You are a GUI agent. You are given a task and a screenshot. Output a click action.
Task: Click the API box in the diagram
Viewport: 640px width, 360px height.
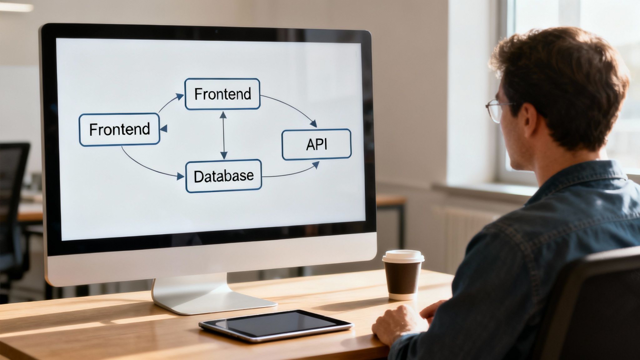click(316, 144)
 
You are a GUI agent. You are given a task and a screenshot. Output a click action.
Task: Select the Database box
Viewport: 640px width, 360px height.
click(223, 176)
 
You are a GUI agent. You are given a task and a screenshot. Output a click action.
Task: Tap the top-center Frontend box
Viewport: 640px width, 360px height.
click(222, 94)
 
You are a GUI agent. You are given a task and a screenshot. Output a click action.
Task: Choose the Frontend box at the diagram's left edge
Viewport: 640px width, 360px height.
click(119, 129)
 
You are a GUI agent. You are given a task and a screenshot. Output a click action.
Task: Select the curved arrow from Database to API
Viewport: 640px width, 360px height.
click(291, 174)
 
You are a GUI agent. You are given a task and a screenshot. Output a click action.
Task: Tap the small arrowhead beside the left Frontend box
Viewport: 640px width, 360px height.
click(164, 128)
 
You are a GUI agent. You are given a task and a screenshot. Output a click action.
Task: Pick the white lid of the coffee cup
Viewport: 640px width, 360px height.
click(403, 256)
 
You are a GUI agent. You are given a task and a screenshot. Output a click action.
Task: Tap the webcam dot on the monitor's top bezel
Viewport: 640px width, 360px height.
click(216, 32)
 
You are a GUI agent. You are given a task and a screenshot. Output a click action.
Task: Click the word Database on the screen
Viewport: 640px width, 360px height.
click(223, 176)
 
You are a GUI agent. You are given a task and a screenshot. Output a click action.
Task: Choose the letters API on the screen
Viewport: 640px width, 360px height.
click(316, 144)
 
